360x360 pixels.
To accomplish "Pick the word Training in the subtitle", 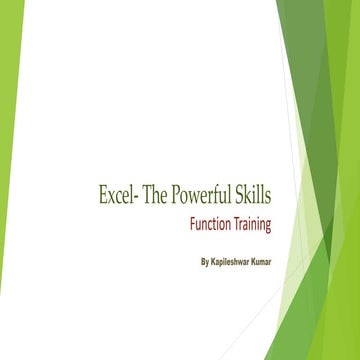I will (x=253, y=224).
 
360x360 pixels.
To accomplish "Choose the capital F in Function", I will (x=193, y=224).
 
